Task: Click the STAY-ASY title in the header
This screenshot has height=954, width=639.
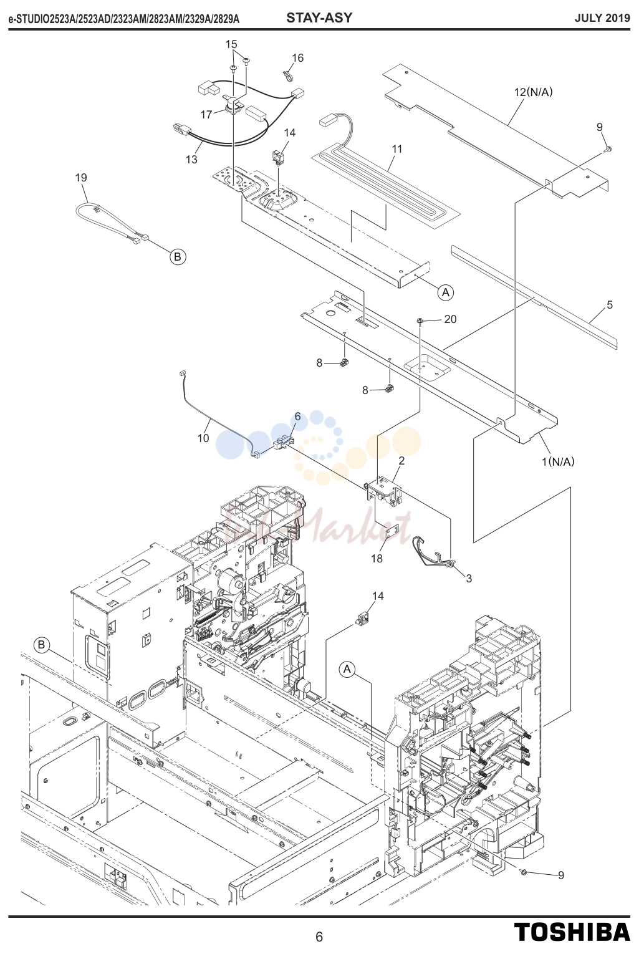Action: click(319, 18)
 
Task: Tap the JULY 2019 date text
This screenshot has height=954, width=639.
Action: click(602, 18)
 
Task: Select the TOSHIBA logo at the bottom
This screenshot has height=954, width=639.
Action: click(572, 932)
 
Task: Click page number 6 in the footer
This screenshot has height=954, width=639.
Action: click(319, 937)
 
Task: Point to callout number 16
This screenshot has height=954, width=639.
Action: click(297, 58)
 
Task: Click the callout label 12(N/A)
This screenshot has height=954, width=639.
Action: click(533, 92)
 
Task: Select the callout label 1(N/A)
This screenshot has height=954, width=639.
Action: click(558, 461)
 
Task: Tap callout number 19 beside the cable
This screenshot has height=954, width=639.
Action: click(81, 178)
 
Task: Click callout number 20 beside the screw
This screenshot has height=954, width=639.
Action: click(450, 319)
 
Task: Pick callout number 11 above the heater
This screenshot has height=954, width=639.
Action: click(396, 149)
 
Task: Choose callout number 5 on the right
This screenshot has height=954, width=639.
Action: click(610, 305)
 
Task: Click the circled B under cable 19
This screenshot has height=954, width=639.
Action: click(178, 257)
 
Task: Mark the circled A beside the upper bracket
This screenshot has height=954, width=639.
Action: click(445, 292)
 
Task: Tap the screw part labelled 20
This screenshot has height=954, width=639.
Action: click(420, 320)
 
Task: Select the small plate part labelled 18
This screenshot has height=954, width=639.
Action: click(392, 531)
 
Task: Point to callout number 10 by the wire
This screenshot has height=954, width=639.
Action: click(203, 438)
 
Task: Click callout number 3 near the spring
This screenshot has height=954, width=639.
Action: click(469, 579)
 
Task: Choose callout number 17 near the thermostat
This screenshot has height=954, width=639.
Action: click(206, 115)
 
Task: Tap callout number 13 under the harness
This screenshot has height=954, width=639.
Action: click(191, 159)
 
